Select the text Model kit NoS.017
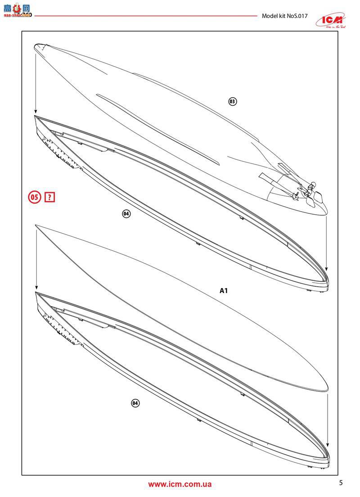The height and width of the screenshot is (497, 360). [x=284, y=16]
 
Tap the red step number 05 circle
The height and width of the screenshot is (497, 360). [x=35, y=197]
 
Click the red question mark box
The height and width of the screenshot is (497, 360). [x=49, y=197]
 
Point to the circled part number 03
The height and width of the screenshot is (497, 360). [x=232, y=101]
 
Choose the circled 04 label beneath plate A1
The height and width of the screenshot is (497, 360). [x=134, y=403]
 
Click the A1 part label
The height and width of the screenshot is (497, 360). [x=224, y=291]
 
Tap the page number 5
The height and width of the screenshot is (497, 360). [x=341, y=483]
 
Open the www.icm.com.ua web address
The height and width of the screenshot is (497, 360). [x=180, y=484]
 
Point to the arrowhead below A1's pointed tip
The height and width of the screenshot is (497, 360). [x=35, y=288]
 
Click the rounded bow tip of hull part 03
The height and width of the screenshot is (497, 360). [x=38, y=45]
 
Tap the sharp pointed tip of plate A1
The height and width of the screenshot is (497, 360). [x=36, y=225]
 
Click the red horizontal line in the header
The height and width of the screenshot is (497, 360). [x=144, y=16]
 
